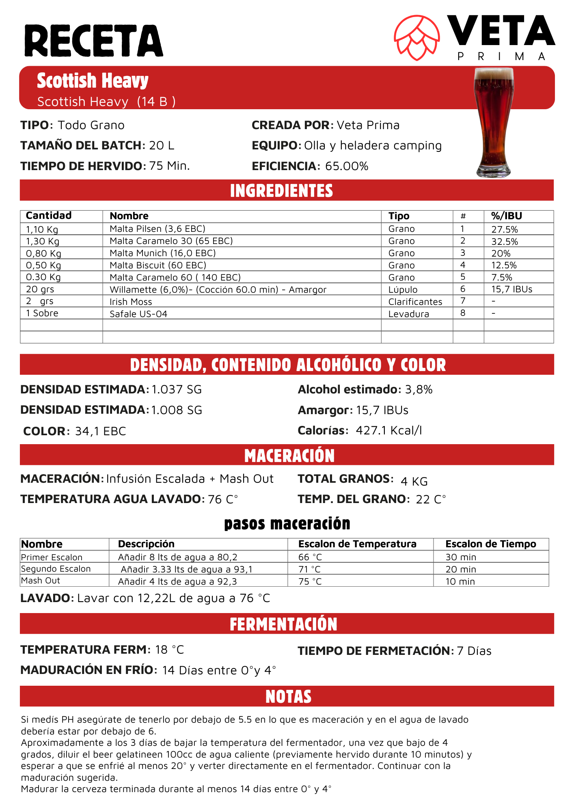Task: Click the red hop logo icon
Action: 417,38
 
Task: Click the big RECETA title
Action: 94,41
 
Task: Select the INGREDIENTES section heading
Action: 281,191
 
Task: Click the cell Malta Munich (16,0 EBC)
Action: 163,253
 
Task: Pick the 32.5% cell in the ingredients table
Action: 505,242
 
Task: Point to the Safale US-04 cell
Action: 138,314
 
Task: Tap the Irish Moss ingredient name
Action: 131,302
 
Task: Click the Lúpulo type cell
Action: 403,289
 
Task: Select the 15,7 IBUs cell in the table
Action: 511,289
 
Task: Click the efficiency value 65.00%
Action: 347,166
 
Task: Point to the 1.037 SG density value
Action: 177,390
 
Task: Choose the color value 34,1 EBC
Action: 101,431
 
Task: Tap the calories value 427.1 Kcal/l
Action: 389,430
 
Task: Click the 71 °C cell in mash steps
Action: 310,569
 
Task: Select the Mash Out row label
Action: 41,581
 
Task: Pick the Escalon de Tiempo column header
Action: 490,544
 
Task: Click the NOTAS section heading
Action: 288,696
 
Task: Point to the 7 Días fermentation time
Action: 474,651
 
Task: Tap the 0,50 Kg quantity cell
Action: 43,266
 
